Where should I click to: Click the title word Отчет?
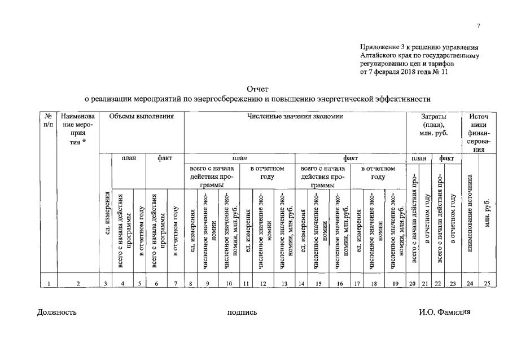[x=257, y=89]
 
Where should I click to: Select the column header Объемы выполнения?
[x=141, y=116]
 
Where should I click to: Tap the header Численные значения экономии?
[x=295, y=116]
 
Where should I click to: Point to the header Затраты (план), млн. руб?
[x=433, y=125]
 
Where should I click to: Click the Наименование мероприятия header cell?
[x=78, y=129]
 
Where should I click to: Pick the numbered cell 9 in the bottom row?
[x=208, y=284]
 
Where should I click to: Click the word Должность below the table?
[x=57, y=312]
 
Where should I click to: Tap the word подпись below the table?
[x=242, y=312]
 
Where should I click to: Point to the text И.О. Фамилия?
[x=444, y=312]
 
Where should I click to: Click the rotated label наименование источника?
[x=470, y=222]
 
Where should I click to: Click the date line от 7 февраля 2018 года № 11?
[x=404, y=72]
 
